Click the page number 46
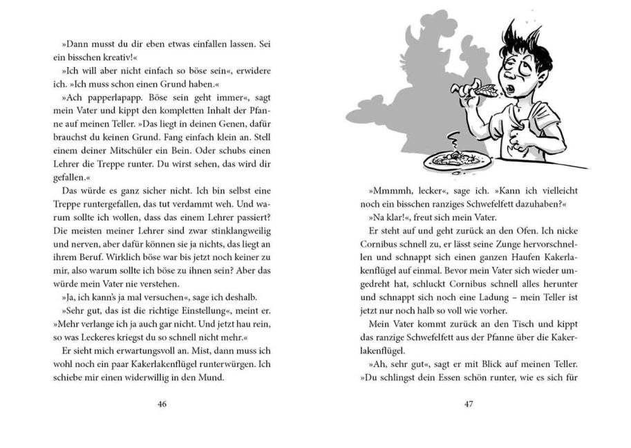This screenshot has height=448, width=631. coord(162,404)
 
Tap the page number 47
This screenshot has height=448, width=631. coord(468,404)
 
